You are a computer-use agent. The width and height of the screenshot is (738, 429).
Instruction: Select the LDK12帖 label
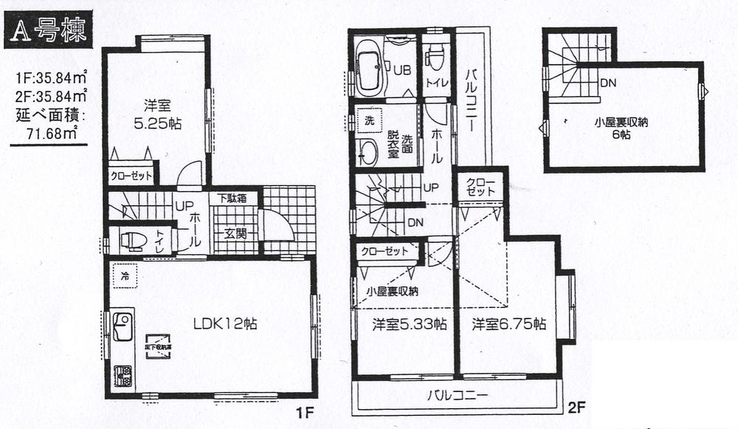pos(220,323)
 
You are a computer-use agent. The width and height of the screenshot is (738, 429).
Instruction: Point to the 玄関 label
pos(235,235)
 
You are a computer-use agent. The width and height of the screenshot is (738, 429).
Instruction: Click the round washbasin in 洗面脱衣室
pos(368,152)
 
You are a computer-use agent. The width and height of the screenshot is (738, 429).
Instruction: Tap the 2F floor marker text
pos(576,406)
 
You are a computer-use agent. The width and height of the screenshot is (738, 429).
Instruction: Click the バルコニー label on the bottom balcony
pos(458,393)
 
